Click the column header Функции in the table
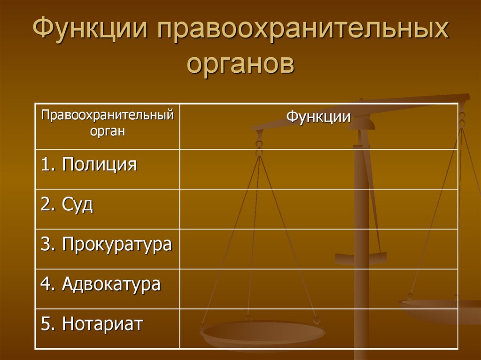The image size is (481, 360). point(318,116)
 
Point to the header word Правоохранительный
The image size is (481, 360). point(108,115)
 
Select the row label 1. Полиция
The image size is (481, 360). point(89,165)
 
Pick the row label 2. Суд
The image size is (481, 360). point(67,205)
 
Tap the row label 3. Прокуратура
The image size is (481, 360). point(106,245)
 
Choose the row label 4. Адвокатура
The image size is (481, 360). point(101,284)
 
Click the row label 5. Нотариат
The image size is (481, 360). point(92,324)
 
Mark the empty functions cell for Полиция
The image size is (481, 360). point(318,169)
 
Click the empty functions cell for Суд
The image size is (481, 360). point(318,209)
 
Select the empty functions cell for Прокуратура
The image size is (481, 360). point(318,249)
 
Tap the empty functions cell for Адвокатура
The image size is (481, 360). point(318,289)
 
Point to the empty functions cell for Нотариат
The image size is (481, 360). point(318,329)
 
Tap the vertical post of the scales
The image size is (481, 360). point(361,225)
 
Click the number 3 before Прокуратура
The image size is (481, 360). point(45,245)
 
